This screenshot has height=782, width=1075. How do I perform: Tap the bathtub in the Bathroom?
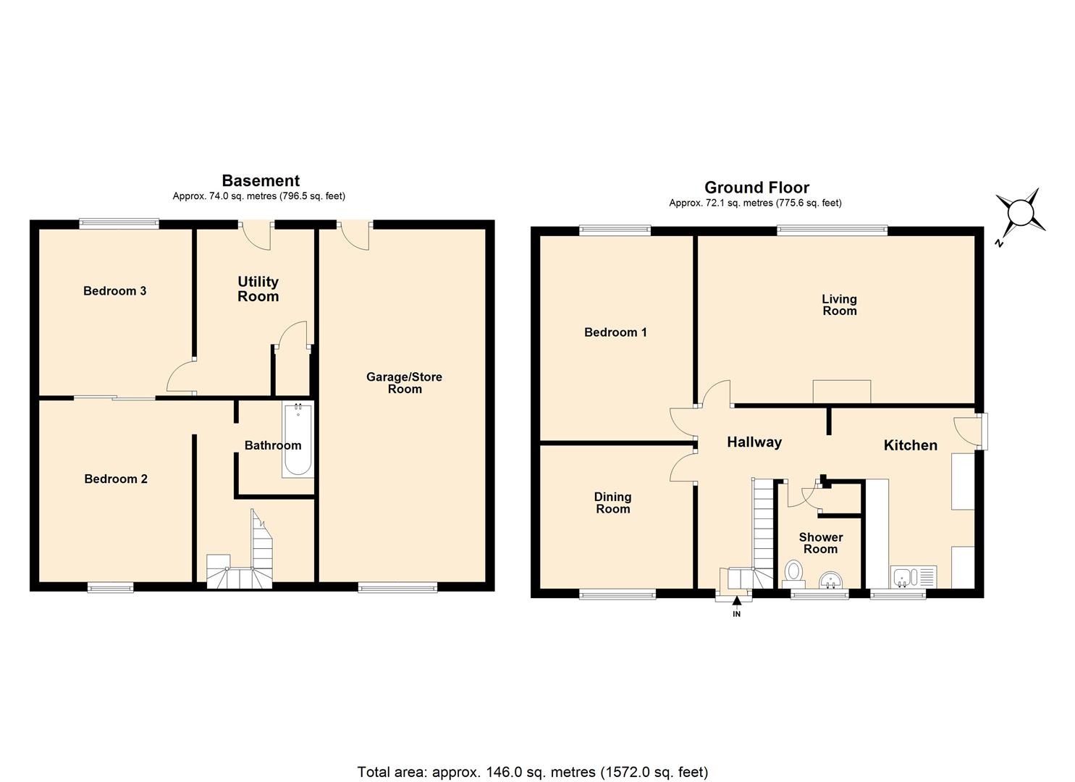(x=298, y=440)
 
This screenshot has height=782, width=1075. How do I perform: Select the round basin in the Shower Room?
(x=830, y=579)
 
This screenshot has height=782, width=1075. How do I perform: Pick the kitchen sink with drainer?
(x=914, y=577)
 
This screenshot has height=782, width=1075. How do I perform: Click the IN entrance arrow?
(x=737, y=601)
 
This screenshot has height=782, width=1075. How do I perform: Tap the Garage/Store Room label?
(x=404, y=383)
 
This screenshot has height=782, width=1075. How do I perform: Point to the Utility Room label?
(x=258, y=289)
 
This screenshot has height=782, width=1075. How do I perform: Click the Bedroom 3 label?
(x=115, y=291)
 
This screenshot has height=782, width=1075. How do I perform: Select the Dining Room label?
(x=612, y=503)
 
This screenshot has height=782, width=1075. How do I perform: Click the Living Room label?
(x=839, y=305)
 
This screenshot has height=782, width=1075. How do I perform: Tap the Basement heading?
(x=261, y=180)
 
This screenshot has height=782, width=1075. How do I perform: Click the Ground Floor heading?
(x=756, y=188)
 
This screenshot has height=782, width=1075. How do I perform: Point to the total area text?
(x=533, y=772)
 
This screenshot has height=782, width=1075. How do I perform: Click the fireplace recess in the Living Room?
(x=841, y=392)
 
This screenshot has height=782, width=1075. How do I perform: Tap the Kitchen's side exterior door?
(x=968, y=431)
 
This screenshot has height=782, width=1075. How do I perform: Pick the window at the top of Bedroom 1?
(x=615, y=230)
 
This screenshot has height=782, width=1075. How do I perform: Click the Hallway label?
(x=754, y=442)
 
